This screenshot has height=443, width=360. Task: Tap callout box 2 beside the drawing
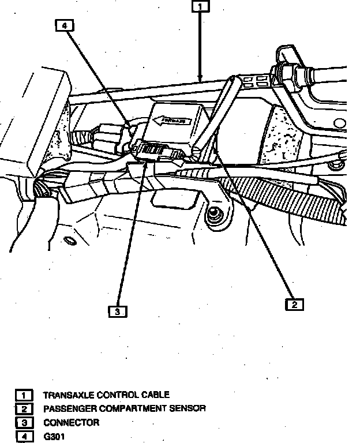pos(294,304)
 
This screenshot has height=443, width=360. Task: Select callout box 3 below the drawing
pos(117,311)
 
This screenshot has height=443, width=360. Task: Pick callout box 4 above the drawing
pos(65,25)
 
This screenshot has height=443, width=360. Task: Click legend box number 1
pos(24,395)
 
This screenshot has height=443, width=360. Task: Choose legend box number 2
pos(24,409)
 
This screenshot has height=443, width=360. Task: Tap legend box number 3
pos(24,423)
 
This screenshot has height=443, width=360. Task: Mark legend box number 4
pos(24,437)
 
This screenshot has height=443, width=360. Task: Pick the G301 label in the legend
pos(54,437)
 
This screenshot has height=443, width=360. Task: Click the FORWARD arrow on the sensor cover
pos(171,121)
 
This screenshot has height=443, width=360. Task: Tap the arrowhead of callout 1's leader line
pos(200,77)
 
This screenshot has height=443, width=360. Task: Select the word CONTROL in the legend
pos(116,395)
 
